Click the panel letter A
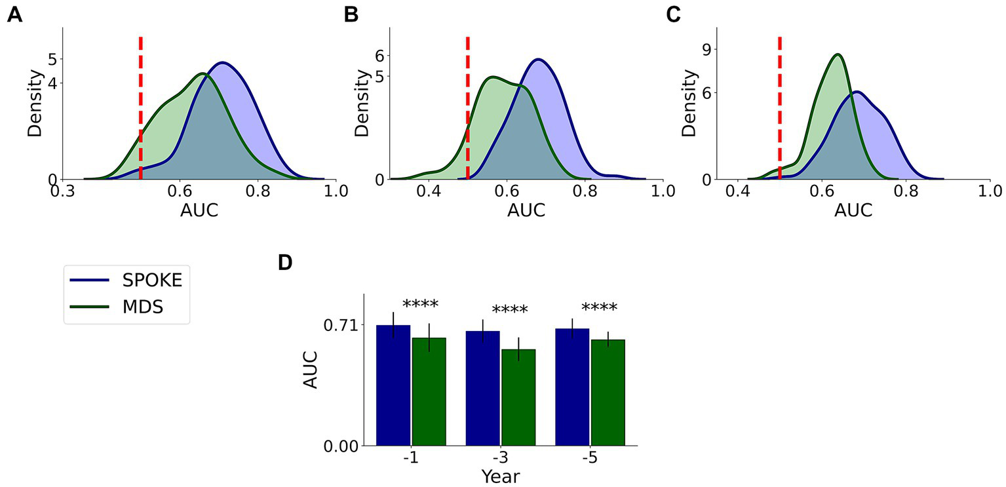(x=14, y=15)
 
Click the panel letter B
(x=351, y=15)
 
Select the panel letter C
(x=674, y=15)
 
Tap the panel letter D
(x=284, y=263)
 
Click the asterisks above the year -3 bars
(x=509, y=310)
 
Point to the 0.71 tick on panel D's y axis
(x=343, y=325)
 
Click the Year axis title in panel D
(x=500, y=477)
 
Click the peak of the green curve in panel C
(x=837, y=54)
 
